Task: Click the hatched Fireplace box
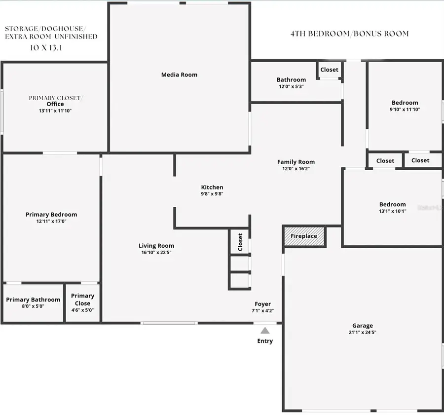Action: pos(304,236)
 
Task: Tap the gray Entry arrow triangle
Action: pos(265,331)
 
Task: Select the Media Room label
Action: pos(179,75)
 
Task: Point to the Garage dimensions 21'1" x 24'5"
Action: pos(363,332)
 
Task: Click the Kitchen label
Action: pos(212,187)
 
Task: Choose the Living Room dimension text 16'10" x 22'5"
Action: pos(156,252)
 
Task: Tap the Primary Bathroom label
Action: pos(33,300)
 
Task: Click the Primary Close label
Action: pos(82,300)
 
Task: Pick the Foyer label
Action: pos(262,304)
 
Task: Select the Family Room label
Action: pos(296,162)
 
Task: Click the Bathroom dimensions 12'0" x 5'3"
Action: pos(291,86)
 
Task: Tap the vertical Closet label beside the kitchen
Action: pos(240,242)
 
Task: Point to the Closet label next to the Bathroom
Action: pos(329,70)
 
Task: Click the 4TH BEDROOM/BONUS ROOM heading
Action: pos(349,34)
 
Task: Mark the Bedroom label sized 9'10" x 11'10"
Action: pos(405,103)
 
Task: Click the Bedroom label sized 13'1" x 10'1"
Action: pos(393,204)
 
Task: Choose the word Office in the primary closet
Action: pos(55,104)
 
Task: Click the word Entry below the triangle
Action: pos(265,341)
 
